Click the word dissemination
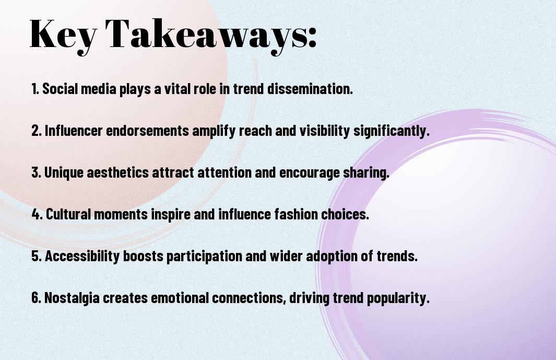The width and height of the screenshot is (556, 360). [x=310, y=89]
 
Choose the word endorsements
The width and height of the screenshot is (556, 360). [x=148, y=131]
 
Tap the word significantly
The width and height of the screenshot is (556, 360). [x=391, y=131]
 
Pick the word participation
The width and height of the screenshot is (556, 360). [x=204, y=257]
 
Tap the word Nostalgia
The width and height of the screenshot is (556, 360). [x=72, y=298]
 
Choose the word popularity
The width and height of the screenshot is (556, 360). [x=398, y=298]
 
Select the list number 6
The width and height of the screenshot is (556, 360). [x=37, y=297]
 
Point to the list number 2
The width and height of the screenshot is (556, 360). [x=37, y=131]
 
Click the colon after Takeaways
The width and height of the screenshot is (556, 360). [x=312, y=37]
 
